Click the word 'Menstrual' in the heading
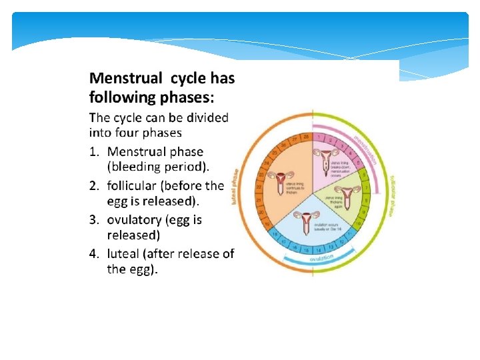(125, 79)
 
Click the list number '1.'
(95, 152)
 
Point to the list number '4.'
(95, 253)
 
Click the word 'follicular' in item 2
(131, 185)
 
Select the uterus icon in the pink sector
(326, 160)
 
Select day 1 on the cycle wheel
(319, 137)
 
